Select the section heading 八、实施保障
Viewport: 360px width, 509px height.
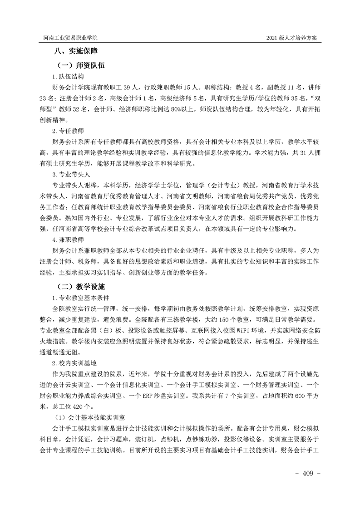[74, 51]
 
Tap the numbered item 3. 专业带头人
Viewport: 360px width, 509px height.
[71, 174]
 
